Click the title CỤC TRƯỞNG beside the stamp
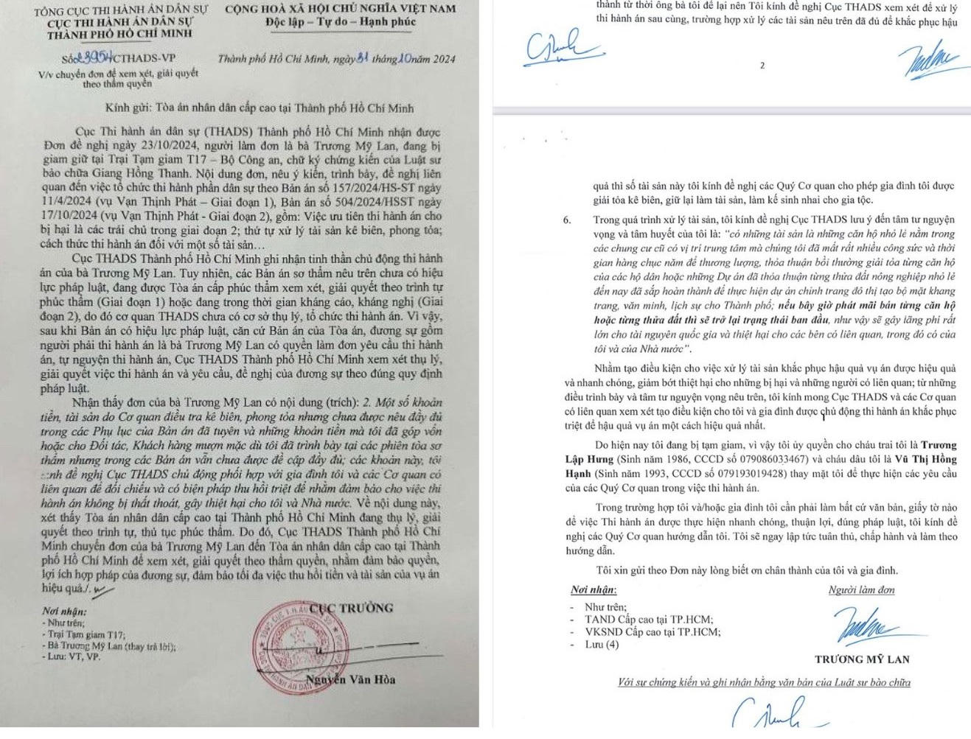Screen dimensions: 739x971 pos(351,608)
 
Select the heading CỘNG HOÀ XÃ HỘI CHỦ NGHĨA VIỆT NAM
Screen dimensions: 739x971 pos(340,8)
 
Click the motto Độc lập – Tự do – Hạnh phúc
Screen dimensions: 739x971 pos(341,22)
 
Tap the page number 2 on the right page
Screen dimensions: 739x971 pos(762,66)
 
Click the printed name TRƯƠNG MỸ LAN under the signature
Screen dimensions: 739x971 pos(862,659)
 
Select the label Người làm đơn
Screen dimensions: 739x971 pos(861,589)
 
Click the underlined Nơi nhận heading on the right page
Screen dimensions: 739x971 pos(594,589)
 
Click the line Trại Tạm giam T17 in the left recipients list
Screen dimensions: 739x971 pos(86,634)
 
